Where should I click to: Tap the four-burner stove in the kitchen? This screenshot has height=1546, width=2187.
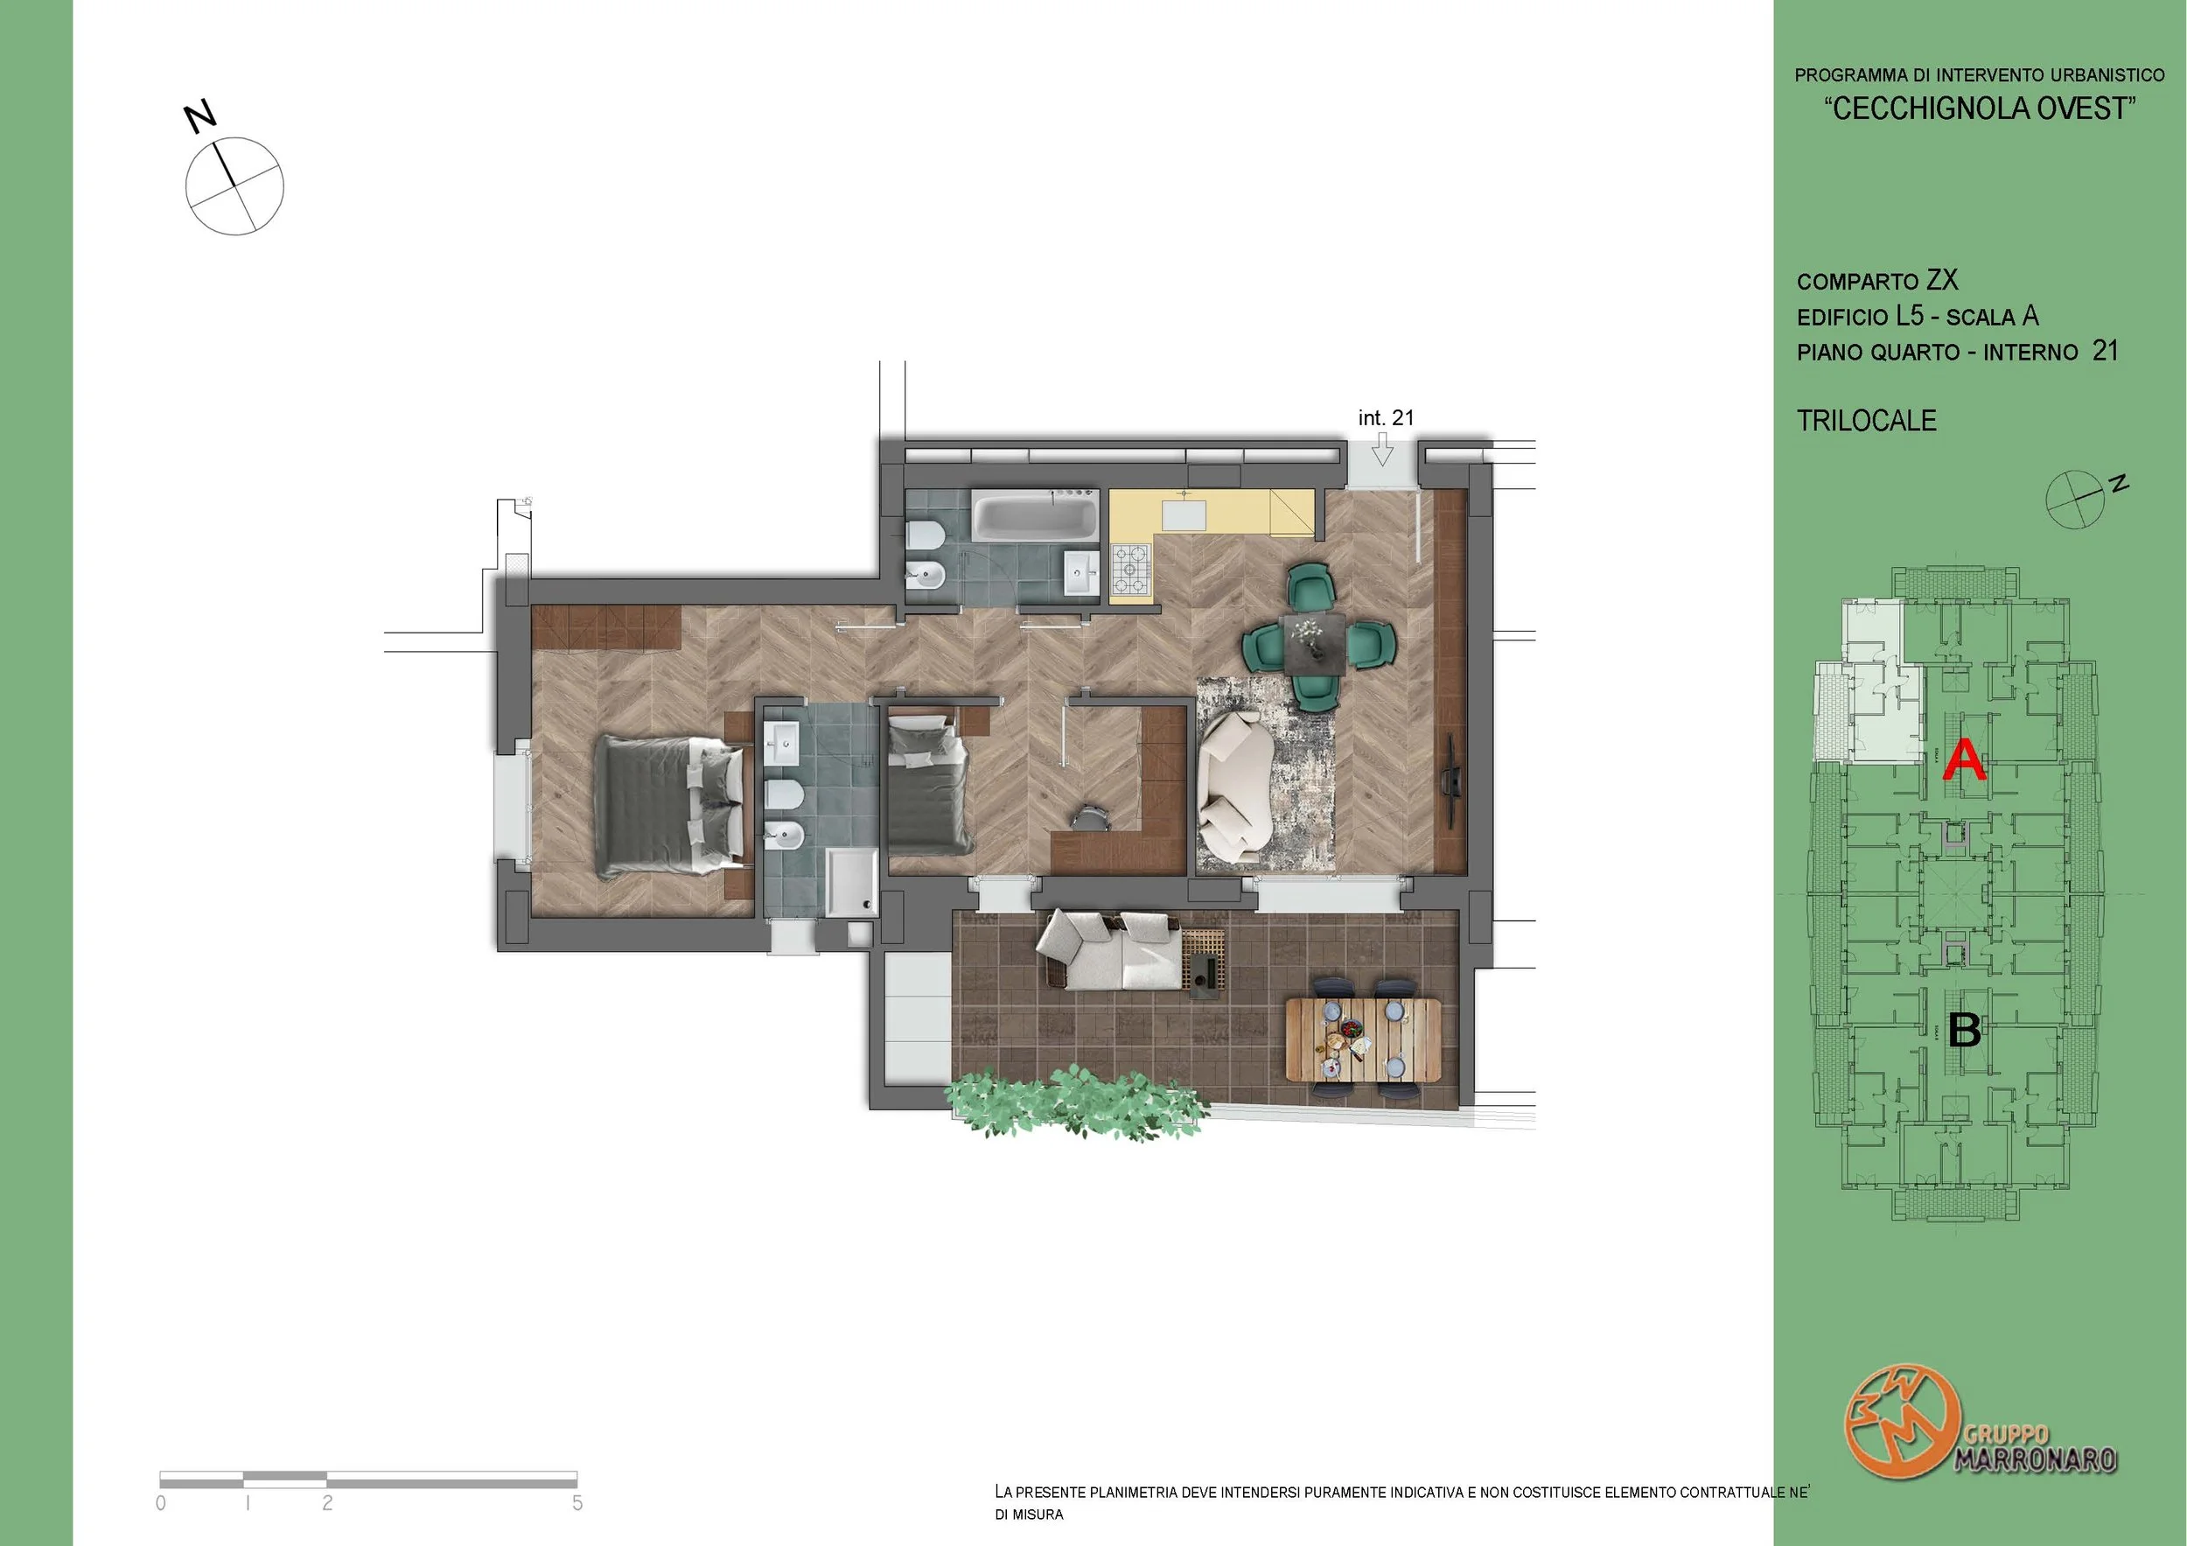pyautogui.click(x=1132, y=568)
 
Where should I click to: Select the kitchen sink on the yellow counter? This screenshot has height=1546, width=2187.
pyautogui.click(x=1184, y=514)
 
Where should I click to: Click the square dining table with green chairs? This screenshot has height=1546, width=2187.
pyautogui.click(x=1315, y=643)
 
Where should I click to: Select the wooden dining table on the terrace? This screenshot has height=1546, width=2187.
pyautogui.click(x=1363, y=1039)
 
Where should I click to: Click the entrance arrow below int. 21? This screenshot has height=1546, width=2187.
pyautogui.click(x=1382, y=449)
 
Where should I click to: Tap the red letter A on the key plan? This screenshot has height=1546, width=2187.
pyautogui.click(x=1964, y=761)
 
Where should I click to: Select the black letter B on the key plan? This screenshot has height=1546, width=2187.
pyautogui.click(x=1965, y=1030)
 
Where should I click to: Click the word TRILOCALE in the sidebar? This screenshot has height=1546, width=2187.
pyautogui.click(x=1866, y=420)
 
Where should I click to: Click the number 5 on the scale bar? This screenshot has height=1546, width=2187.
pyautogui.click(x=577, y=1502)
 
